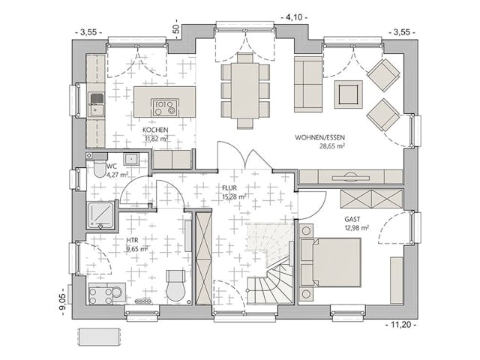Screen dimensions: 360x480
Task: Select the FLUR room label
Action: point(229,189)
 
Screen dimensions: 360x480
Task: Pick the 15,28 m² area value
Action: point(234,197)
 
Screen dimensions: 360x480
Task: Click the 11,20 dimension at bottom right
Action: point(402,324)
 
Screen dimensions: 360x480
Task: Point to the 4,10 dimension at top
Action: point(293,16)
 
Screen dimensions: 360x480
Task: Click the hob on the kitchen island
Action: point(164,106)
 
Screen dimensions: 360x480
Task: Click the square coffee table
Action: point(349,94)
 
